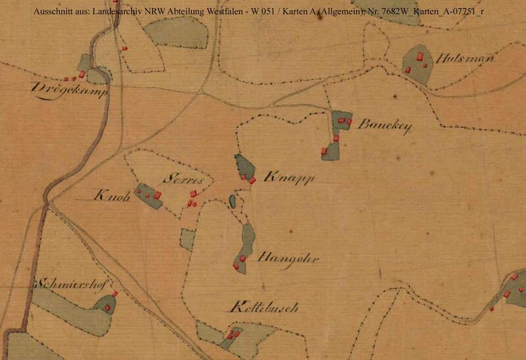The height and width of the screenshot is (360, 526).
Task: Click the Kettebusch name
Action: click(x=265, y=307)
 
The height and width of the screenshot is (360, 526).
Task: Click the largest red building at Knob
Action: click(x=157, y=194)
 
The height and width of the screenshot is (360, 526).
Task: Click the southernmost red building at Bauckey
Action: click(x=324, y=150)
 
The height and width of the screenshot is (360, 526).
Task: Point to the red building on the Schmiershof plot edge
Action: click(x=114, y=294)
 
